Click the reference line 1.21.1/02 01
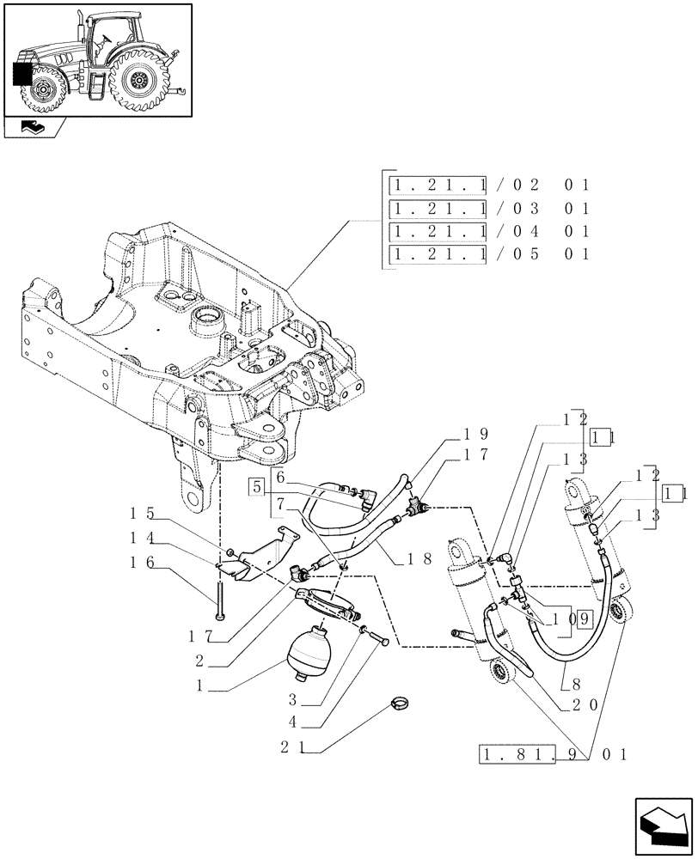click(489, 185)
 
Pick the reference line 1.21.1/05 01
click(489, 254)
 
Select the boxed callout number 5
click(257, 488)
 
